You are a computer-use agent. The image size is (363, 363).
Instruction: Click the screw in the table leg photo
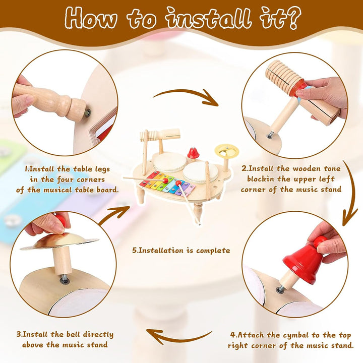coord(87,113)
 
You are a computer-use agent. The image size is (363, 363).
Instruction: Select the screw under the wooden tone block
coord(270,136)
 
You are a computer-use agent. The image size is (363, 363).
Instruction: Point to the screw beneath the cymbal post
coord(65,280)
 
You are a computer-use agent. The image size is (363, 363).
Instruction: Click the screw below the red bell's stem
coord(280,289)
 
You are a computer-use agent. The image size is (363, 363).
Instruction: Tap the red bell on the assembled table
coord(192,153)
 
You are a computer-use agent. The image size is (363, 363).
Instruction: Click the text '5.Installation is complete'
coord(181,251)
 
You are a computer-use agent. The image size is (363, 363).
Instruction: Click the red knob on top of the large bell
coord(320,241)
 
